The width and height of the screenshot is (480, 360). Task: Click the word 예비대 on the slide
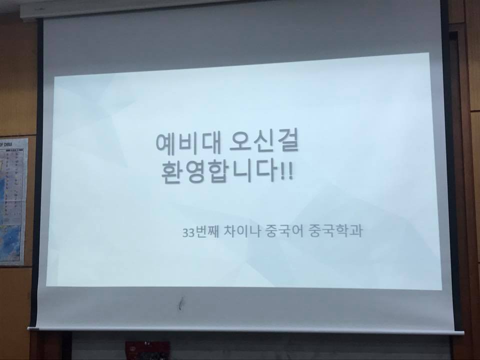point(183,144)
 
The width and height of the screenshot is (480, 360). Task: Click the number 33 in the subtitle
point(188,233)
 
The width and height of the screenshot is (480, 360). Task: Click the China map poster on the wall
point(12,200)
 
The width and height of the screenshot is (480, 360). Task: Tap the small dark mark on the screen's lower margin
point(182,302)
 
